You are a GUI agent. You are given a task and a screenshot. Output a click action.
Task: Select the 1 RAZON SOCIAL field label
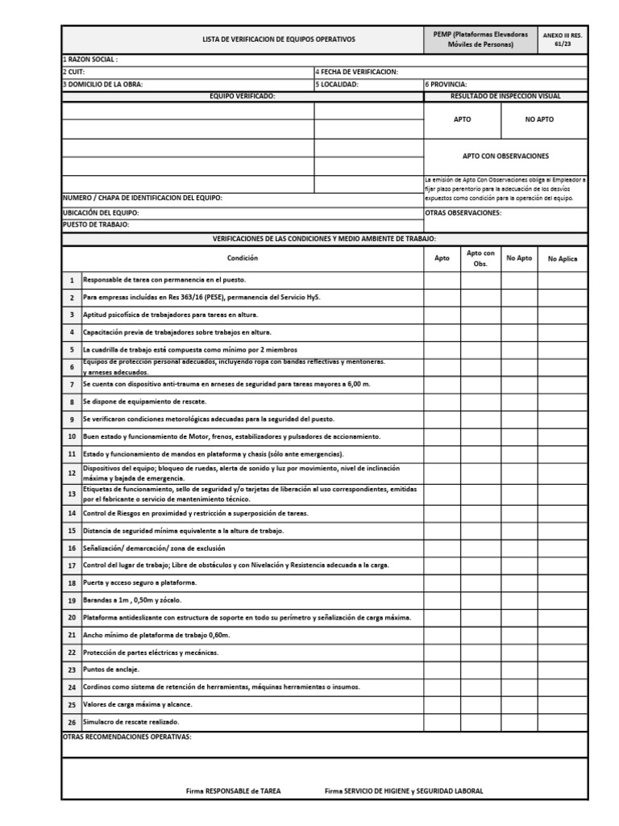(90, 60)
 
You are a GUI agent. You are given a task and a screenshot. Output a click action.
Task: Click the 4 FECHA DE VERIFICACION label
(356, 72)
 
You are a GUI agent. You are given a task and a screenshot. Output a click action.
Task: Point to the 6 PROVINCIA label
(446, 84)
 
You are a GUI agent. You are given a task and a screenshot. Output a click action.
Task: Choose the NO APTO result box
(539, 119)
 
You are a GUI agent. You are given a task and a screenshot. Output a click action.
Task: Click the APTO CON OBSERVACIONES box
(505, 156)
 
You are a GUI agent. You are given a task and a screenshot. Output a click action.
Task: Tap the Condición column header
(243, 258)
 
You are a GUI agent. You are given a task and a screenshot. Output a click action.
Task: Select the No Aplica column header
(563, 259)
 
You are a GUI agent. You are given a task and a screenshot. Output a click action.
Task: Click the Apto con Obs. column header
(480, 258)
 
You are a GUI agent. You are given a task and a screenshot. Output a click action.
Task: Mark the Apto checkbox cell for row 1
(442, 280)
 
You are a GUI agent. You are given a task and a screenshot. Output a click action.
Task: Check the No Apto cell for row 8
(519, 401)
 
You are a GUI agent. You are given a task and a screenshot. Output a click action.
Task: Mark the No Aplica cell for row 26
(563, 722)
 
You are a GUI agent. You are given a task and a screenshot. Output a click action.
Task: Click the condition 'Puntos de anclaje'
(111, 670)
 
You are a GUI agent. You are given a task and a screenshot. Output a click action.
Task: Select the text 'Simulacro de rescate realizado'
(131, 722)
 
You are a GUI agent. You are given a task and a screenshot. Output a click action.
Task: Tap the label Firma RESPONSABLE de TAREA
(233, 791)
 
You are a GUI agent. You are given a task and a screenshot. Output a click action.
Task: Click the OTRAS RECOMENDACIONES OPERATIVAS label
(127, 736)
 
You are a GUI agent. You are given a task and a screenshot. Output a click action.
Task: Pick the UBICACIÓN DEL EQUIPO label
(102, 213)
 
